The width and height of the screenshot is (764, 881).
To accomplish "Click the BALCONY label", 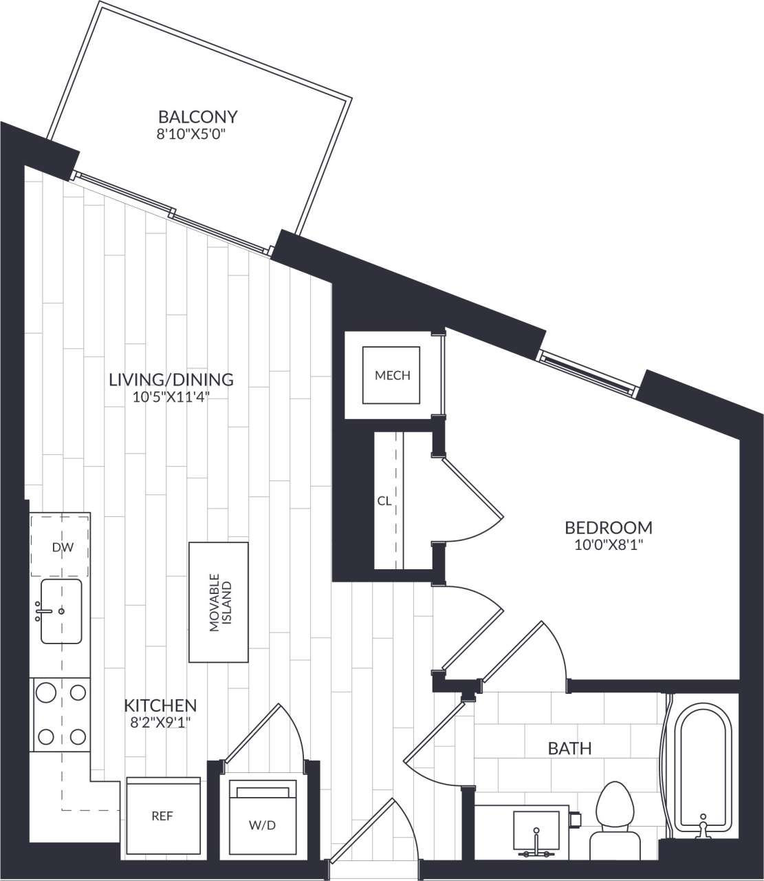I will click(x=197, y=116).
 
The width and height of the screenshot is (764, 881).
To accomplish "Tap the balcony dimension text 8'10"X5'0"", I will click(x=192, y=134).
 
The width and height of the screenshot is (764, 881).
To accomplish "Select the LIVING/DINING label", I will click(x=171, y=379).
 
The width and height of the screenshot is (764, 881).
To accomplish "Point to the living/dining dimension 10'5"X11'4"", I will click(x=171, y=397).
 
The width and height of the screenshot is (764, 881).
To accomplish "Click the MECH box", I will click(x=392, y=375).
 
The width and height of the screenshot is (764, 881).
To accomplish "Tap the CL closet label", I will click(x=384, y=501).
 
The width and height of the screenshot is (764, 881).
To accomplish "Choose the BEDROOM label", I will click(x=608, y=528).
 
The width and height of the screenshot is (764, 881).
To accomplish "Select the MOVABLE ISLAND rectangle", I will click(x=219, y=602).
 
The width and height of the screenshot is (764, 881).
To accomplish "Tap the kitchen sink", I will click(x=61, y=611).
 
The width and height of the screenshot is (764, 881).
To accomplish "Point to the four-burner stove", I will click(x=61, y=714).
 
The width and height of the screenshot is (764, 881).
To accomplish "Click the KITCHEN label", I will click(x=160, y=705).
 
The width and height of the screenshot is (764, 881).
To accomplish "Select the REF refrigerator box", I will click(x=162, y=816).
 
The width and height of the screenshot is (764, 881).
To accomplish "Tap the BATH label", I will click(x=569, y=748).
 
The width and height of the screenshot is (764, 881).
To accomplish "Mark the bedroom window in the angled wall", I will click(x=586, y=372).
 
